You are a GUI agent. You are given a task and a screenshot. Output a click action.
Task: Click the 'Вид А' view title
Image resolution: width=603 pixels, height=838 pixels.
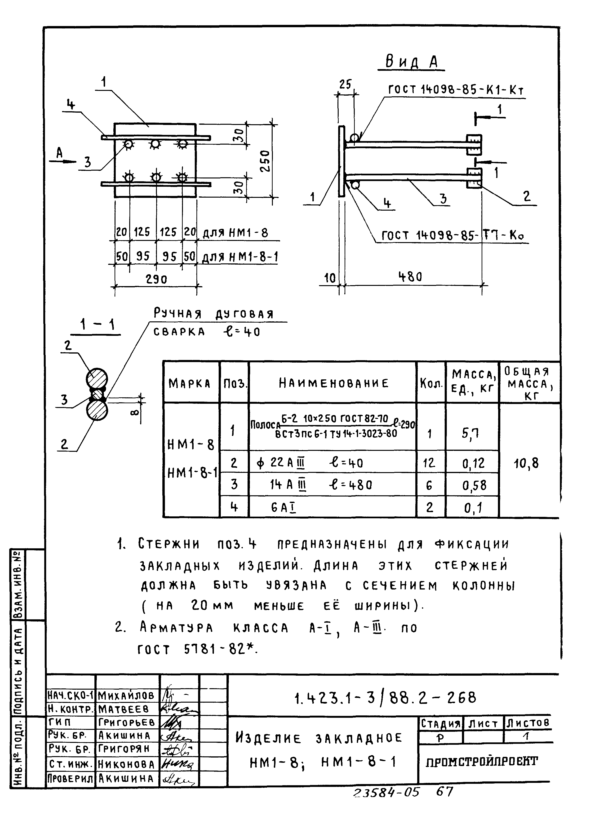[x=411, y=62]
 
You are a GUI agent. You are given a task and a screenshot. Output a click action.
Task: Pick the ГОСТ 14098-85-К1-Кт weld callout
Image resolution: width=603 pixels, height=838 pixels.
[x=456, y=89]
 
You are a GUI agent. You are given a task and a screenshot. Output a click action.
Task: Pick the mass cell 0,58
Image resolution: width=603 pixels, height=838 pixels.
[x=474, y=485]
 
